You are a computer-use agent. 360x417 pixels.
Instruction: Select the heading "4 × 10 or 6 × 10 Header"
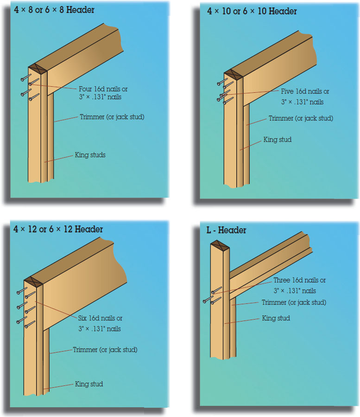[252, 11]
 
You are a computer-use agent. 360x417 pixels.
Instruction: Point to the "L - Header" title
[226, 230]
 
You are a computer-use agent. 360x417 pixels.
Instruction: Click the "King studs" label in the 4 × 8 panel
[90, 155]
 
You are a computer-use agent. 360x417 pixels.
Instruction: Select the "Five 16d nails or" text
[305, 91]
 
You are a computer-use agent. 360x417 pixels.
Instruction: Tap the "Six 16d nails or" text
[100, 318]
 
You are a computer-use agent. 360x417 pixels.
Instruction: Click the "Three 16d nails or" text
[299, 280]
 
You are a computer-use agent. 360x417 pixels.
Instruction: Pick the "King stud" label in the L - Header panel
[276, 318]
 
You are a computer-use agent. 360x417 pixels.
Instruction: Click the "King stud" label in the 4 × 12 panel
[89, 384]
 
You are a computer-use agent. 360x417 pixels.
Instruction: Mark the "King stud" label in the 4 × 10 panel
[278, 139]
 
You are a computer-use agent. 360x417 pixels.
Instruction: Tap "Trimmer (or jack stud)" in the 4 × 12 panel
[105, 350]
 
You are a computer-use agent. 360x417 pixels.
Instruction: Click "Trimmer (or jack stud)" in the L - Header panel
[294, 302]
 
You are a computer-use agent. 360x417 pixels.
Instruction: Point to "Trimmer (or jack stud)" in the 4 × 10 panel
[301, 118]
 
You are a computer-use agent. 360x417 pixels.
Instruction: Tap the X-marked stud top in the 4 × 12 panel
[33, 281]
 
